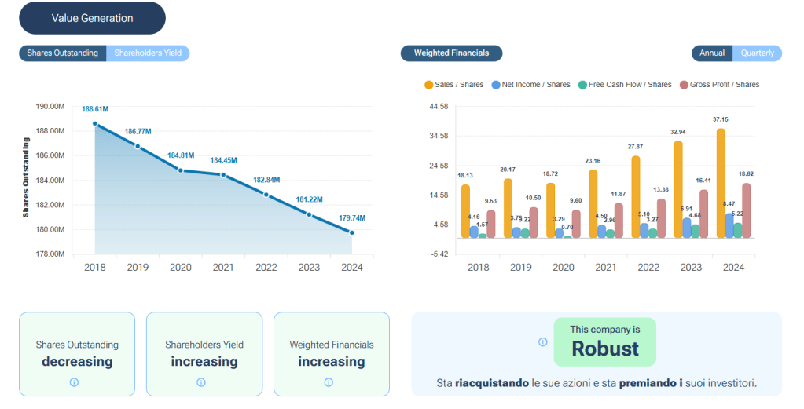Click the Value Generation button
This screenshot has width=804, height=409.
pos(92,18)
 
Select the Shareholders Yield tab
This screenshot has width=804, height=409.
pos(148,53)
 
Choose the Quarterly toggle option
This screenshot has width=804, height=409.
pos(758,53)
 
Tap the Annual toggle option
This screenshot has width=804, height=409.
pos(712,53)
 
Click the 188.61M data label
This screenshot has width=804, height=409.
pos(95,109)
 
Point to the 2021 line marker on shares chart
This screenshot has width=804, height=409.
pos(223,174)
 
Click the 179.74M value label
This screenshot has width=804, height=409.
pos(351,217)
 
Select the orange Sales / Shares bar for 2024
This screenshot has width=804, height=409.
pos(721,183)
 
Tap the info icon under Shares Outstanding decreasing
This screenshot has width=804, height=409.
pos(75,382)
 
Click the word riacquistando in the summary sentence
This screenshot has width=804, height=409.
pos(492,383)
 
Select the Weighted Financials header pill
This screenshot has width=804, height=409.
pos(451,53)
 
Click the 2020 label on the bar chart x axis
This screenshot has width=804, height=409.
pos(563,267)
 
